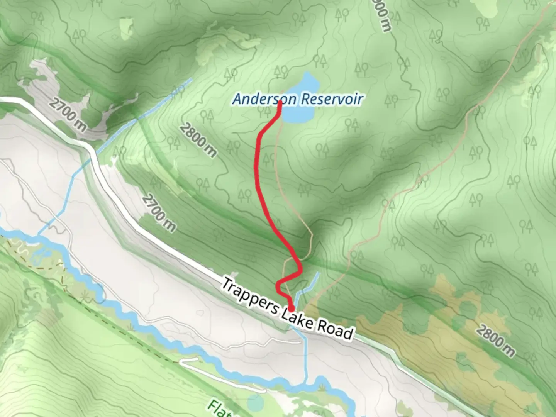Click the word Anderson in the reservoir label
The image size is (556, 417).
(264, 99)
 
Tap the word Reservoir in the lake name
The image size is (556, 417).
(331, 99)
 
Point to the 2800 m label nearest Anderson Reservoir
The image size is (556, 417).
(198, 140)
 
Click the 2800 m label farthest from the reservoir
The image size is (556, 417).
(495, 341)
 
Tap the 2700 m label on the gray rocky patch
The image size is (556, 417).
(68, 114)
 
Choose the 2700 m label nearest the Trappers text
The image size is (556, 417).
(158, 213)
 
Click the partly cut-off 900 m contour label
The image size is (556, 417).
(382, 15)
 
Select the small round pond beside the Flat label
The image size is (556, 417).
(255, 402)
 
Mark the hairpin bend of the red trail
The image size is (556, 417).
(279, 285)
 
